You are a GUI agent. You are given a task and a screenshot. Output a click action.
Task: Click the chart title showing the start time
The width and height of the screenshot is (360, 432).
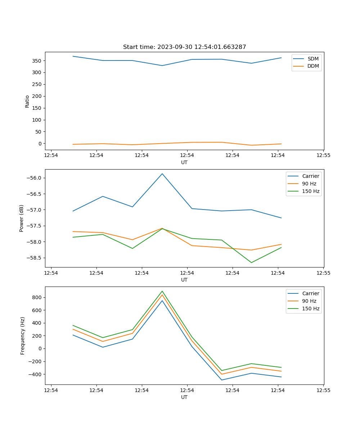[x=184, y=47]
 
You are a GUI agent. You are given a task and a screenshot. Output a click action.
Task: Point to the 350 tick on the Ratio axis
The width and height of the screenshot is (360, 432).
[x=37, y=60]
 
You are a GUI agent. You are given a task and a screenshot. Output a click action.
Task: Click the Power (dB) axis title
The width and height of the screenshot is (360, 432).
[x=22, y=218]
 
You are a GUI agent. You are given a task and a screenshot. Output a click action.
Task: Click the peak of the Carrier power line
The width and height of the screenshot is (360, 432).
[x=162, y=174]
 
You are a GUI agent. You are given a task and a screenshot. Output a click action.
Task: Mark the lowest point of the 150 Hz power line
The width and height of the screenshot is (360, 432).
[x=251, y=262]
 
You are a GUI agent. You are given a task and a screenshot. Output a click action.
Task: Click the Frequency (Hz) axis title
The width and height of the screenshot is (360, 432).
[x=23, y=336]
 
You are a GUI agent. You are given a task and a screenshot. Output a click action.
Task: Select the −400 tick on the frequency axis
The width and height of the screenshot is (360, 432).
[x=36, y=374]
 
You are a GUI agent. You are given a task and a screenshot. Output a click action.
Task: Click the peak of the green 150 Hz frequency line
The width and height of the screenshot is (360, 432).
[x=162, y=291]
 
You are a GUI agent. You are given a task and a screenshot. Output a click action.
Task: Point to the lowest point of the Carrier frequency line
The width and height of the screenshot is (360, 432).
[x=221, y=380]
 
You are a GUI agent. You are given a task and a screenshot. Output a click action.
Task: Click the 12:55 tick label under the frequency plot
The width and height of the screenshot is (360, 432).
[x=323, y=390]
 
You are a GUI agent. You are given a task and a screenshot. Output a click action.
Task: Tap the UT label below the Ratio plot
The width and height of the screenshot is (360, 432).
[x=184, y=162]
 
